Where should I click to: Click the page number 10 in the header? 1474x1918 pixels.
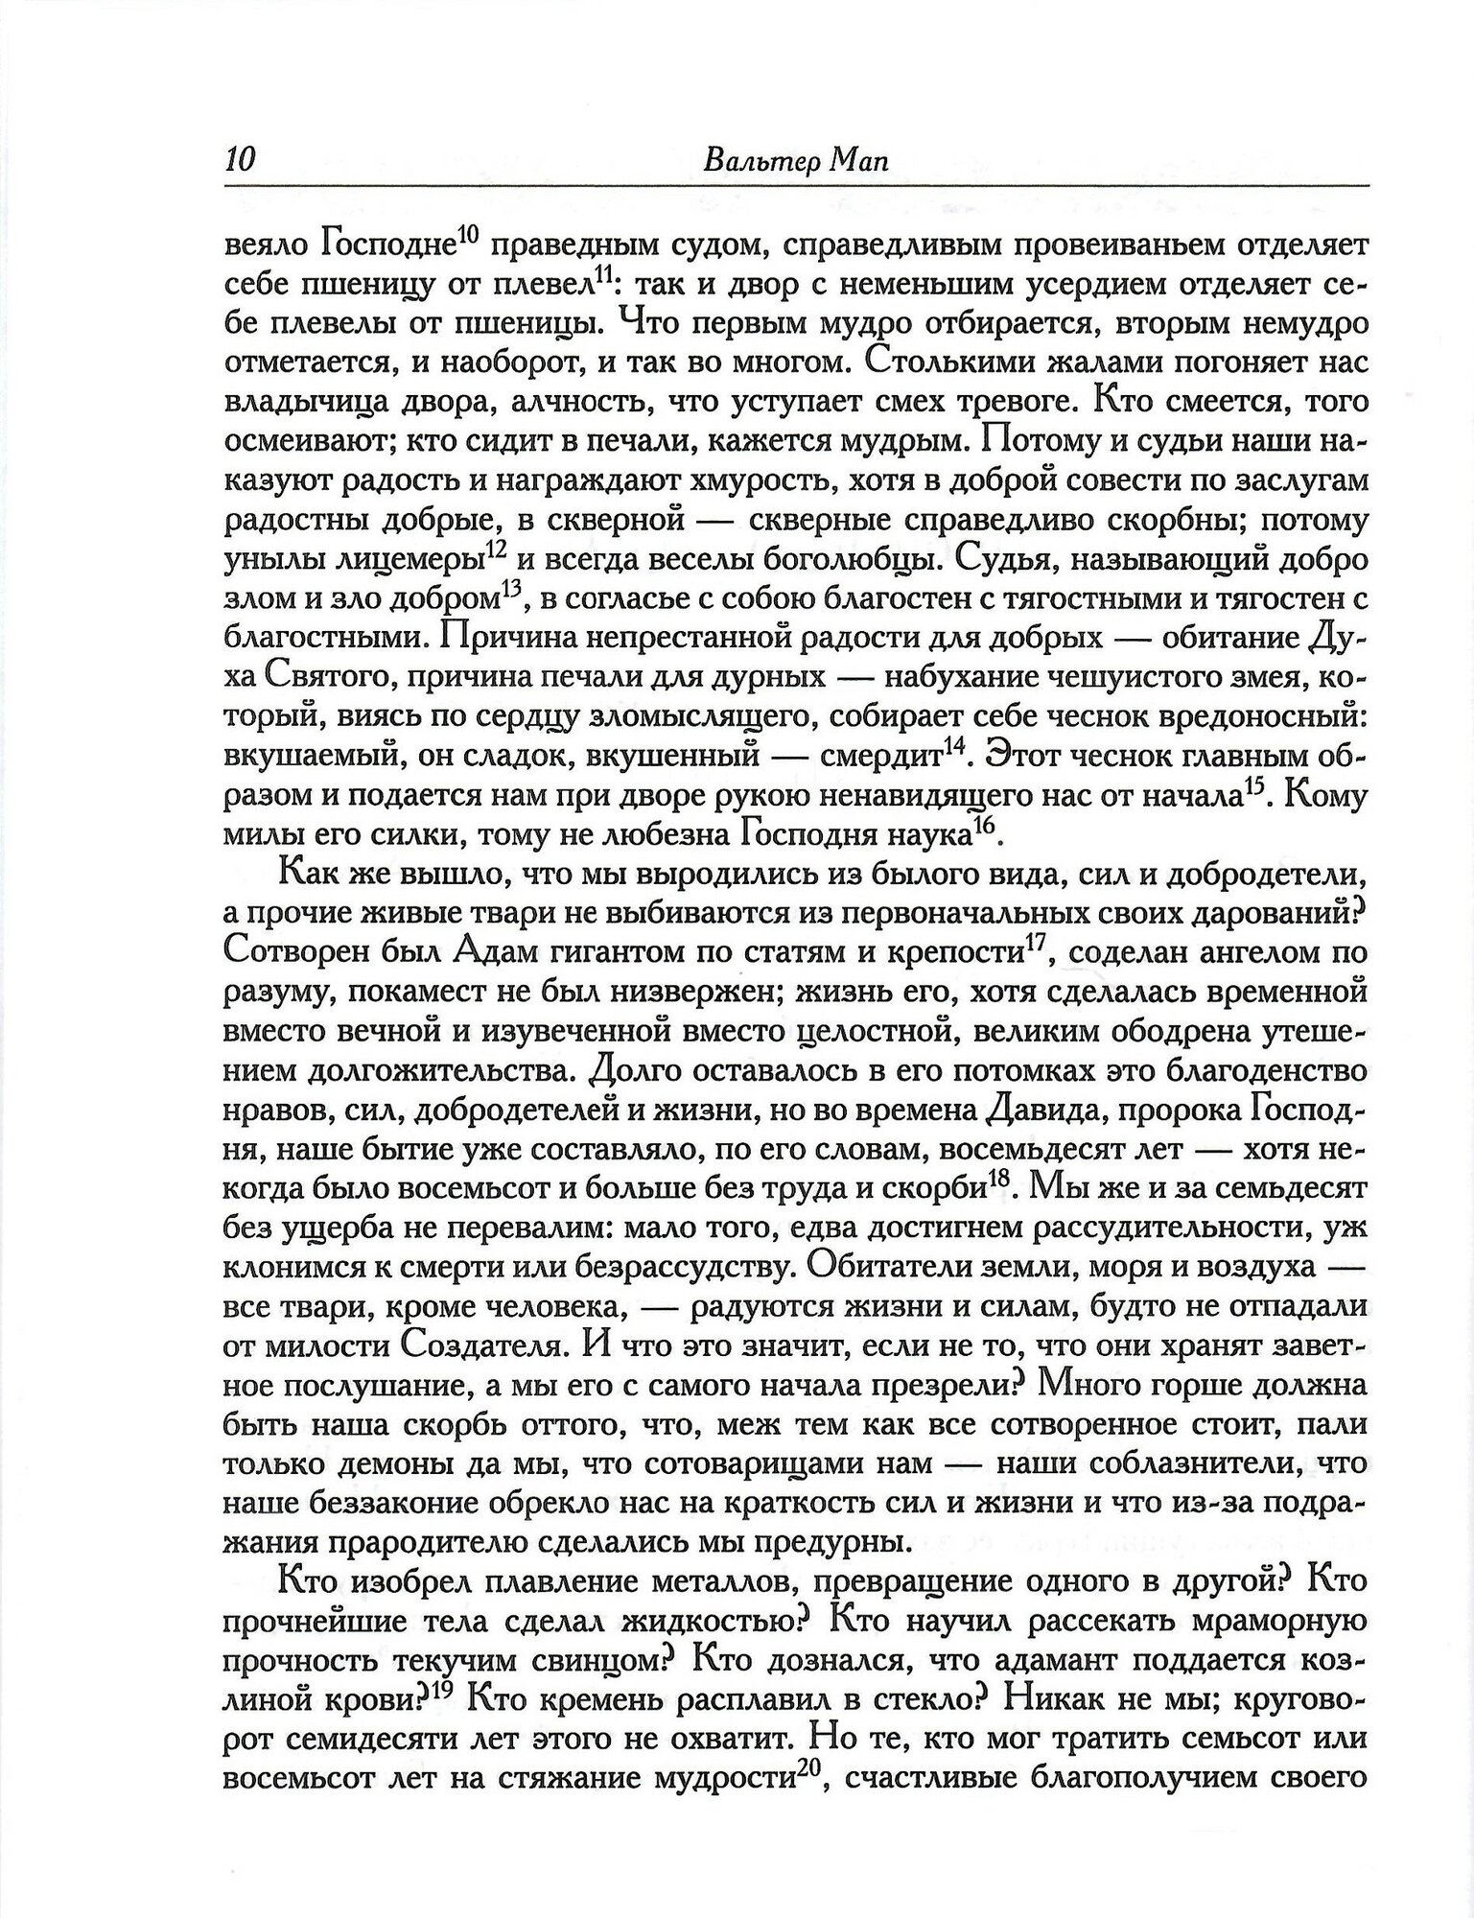[x=238, y=159]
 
